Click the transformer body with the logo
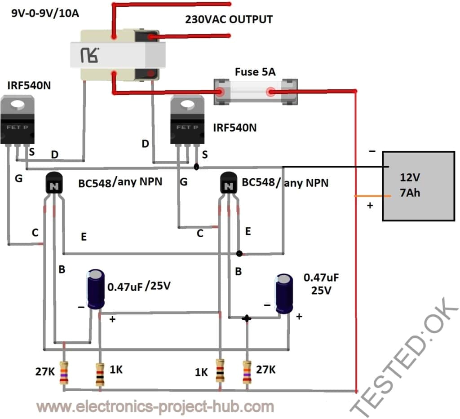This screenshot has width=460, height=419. pyautogui.click(x=118, y=55)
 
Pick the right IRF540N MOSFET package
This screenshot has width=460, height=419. pyautogui.click(x=187, y=121)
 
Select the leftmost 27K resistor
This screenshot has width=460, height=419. pyautogui.click(x=64, y=372)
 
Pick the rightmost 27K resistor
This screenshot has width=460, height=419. pyautogui.click(x=247, y=372)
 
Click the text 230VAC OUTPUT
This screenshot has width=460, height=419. pyautogui.click(x=229, y=20)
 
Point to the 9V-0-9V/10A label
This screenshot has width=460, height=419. pyautogui.click(x=45, y=13)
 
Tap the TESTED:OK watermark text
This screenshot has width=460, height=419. pyautogui.click(x=404, y=357)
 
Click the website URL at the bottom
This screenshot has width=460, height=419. pyautogui.click(x=155, y=407)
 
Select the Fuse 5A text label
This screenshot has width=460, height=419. pyautogui.click(x=255, y=72)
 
